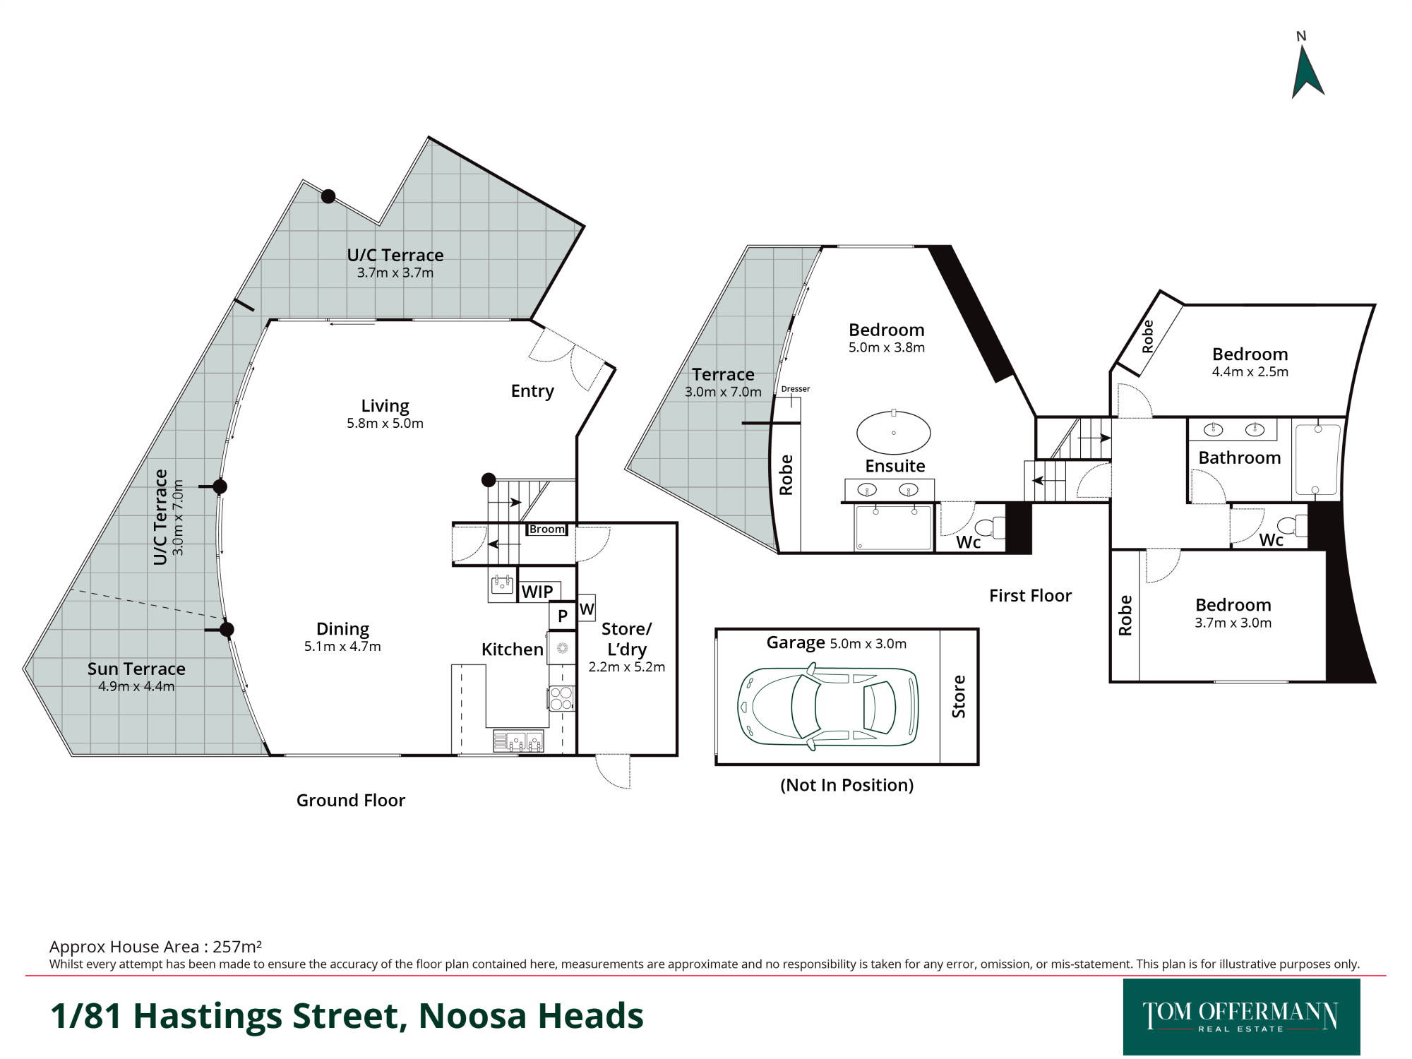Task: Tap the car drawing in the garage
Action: pyautogui.click(x=827, y=706)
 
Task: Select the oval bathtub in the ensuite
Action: pyautogui.click(x=893, y=432)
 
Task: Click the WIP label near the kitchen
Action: pyautogui.click(x=537, y=592)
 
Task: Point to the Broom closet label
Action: pyautogui.click(x=547, y=529)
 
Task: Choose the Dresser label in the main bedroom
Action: pyautogui.click(x=796, y=389)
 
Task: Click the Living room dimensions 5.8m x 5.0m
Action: pyautogui.click(x=385, y=424)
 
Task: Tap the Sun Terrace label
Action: pyautogui.click(x=136, y=669)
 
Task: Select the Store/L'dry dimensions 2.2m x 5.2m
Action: pyautogui.click(x=627, y=666)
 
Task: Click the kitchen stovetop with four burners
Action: pyautogui.click(x=561, y=698)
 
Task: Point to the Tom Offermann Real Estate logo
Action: pyautogui.click(x=1241, y=1017)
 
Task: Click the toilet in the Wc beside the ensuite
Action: pyautogui.click(x=991, y=527)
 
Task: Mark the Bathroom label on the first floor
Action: pyautogui.click(x=1240, y=457)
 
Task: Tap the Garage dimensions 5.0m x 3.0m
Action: pyautogui.click(x=868, y=644)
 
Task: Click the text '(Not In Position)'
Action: pyautogui.click(x=846, y=785)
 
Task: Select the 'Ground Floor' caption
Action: pyautogui.click(x=351, y=800)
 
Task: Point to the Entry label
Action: pyautogui.click(x=532, y=391)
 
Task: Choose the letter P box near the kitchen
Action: pyautogui.click(x=563, y=615)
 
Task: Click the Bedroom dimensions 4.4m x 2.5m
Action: pyautogui.click(x=1250, y=372)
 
